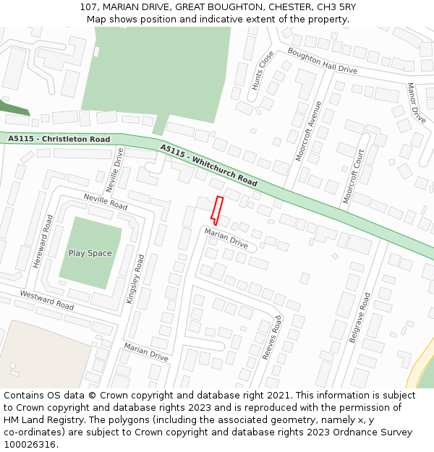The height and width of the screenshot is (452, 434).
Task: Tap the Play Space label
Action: pos(90,253)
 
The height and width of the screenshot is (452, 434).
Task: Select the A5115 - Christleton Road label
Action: pos(59,139)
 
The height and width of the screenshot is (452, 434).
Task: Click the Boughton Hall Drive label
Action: pos(323,61)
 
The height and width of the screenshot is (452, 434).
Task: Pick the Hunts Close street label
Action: pos(263,70)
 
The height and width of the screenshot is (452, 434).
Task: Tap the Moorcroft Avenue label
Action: pos(309,131)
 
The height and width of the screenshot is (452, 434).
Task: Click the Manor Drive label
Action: pos(416,102)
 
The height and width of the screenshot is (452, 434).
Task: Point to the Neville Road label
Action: pos(106,202)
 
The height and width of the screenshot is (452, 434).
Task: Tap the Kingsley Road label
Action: pos(136,278)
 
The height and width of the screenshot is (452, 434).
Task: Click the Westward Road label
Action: pos(47,300)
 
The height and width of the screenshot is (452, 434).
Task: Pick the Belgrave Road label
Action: pos(359,318)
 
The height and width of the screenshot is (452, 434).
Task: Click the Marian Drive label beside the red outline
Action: pos(226,239)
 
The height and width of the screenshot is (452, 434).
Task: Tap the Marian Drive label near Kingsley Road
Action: pos(146,352)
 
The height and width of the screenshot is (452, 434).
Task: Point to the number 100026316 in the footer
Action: pos(32,445)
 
